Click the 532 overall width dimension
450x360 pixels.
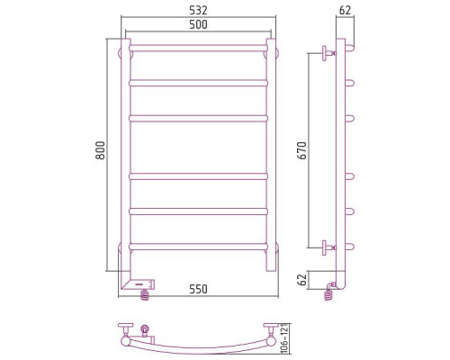point(198,11)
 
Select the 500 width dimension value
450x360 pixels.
point(198,24)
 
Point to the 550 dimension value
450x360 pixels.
point(198,289)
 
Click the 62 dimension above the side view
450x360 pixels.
point(345,11)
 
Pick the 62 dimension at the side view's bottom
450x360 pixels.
point(303,280)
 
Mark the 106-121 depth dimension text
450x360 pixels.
point(285,339)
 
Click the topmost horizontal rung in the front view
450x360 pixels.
point(198,48)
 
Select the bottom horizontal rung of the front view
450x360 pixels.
point(198,247)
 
